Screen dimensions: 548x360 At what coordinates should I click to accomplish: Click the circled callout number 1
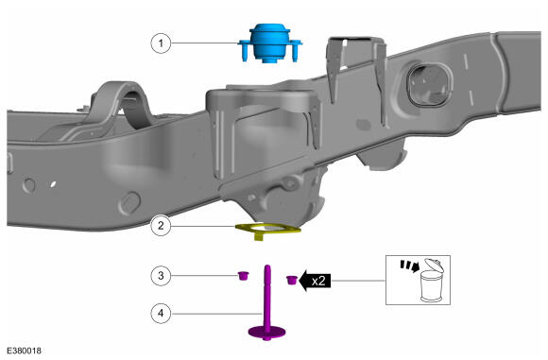pyautogui.click(x=161, y=43)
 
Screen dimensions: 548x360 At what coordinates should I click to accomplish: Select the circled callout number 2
pyautogui.click(x=161, y=226)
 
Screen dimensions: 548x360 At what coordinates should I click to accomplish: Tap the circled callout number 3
pyautogui.click(x=161, y=275)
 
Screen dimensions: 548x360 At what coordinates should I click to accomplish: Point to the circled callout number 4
pyautogui.click(x=161, y=313)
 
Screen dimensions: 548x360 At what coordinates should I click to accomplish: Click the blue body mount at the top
pyautogui.click(x=270, y=43)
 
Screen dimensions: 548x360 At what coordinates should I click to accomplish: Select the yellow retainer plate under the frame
pyautogui.click(x=267, y=231)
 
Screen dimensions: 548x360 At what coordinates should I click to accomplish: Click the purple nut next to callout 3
pyautogui.click(x=243, y=275)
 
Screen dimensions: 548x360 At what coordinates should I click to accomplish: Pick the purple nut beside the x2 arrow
pyautogui.click(x=291, y=280)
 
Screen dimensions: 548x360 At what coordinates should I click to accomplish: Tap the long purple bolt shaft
pyautogui.click(x=267, y=297)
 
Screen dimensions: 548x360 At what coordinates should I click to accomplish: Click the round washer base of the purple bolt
pyautogui.click(x=266, y=332)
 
